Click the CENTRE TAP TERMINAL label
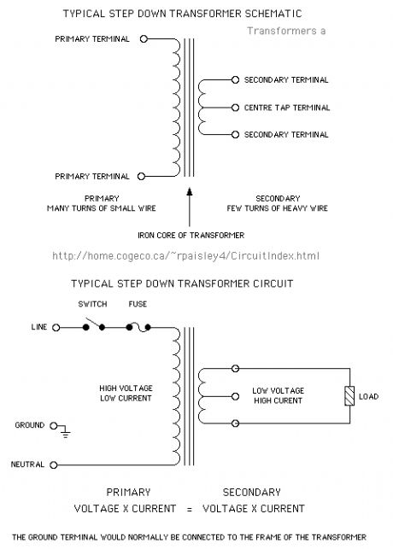click(286, 108)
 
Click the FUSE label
click(137, 304)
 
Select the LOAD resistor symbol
click(348, 396)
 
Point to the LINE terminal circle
click(56, 327)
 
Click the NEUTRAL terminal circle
click(56, 464)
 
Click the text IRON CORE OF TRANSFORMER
click(191, 235)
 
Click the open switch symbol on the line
click(93, 324)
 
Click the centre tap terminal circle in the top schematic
click(234, 108)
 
